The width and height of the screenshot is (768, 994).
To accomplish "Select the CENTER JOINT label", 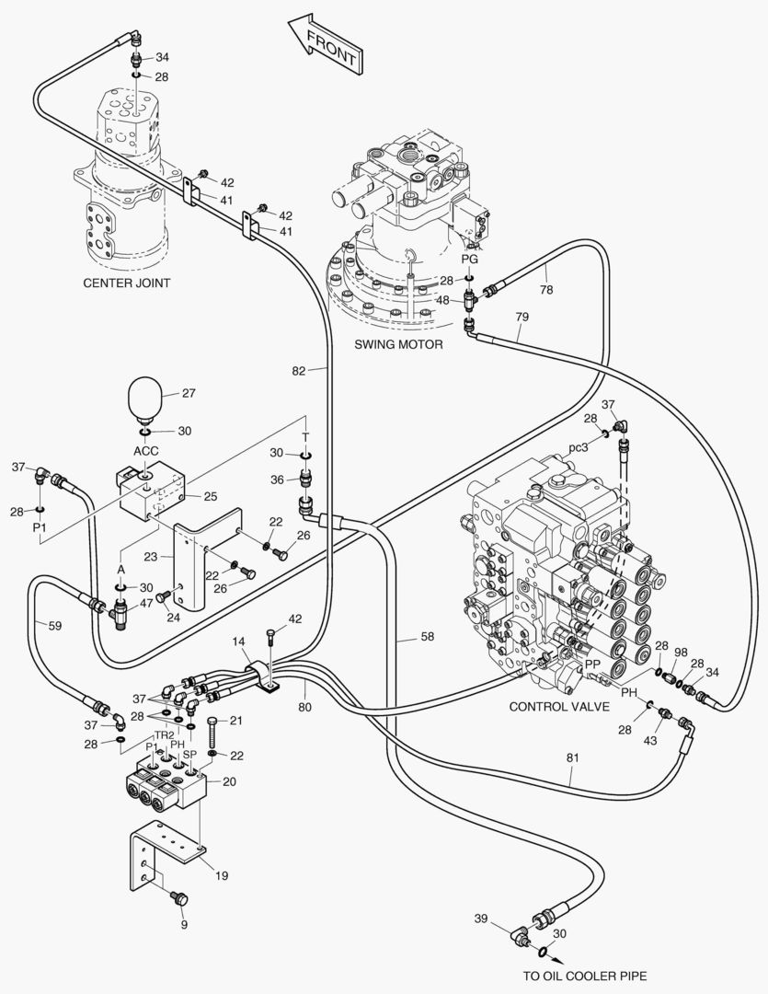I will tap(126, 283).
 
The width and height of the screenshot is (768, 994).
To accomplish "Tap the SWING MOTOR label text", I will tap(398, 345).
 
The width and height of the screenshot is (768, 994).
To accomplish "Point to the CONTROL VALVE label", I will tap(560, 707).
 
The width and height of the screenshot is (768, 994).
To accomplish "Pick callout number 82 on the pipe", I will tap(299, 371).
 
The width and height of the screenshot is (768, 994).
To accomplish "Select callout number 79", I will tap(522, 318).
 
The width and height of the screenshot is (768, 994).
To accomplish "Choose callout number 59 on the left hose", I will tap(55, 626).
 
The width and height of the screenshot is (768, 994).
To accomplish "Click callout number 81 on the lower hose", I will tap(573, 757).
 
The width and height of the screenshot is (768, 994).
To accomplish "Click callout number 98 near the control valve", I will tap(680, 652).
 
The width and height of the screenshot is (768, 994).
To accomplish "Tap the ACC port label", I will tap(147, 451).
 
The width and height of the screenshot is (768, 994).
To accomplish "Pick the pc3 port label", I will tap(578, 447).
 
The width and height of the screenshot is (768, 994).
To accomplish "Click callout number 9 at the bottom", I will tap(183, 924).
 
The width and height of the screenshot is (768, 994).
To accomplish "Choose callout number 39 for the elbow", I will tap(480, 919).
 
